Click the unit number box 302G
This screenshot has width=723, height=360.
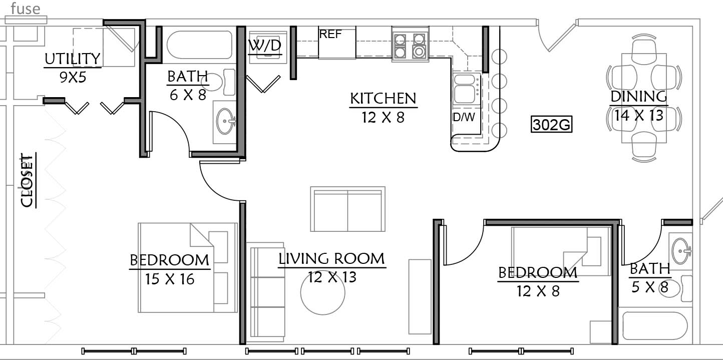(x=551, y=124)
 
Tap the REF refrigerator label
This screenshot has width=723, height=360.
(x=330, y=34)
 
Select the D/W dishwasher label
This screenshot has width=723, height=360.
(x=464, y=117)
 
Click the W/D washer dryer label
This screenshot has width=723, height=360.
(x=265, y=46)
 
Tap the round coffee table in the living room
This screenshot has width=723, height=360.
(x=323, y=292)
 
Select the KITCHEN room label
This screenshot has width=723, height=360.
(x=383, y=99)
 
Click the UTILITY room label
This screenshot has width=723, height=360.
(x=72, y=59)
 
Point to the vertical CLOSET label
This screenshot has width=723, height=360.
(x=27, y=180)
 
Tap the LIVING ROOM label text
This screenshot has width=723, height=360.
(x=332, y=259)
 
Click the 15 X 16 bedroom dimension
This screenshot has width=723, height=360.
(x=169, y=279)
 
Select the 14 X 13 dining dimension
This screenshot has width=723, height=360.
(x=638, y=115)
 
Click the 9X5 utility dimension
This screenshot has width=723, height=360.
(x=73, y=77)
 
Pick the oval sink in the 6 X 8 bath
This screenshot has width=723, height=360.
(x=225, y=121)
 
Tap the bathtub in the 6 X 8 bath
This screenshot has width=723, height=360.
(x=199, y=45)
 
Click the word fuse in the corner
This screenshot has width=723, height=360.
(x=26, y=9)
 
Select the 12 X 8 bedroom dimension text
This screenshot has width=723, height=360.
(x=538, y=291)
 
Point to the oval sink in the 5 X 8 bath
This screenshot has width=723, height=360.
(x=681, y=251)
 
